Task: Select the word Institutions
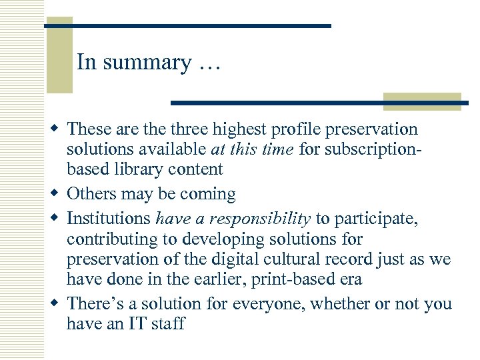109,217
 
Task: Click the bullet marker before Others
57,194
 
